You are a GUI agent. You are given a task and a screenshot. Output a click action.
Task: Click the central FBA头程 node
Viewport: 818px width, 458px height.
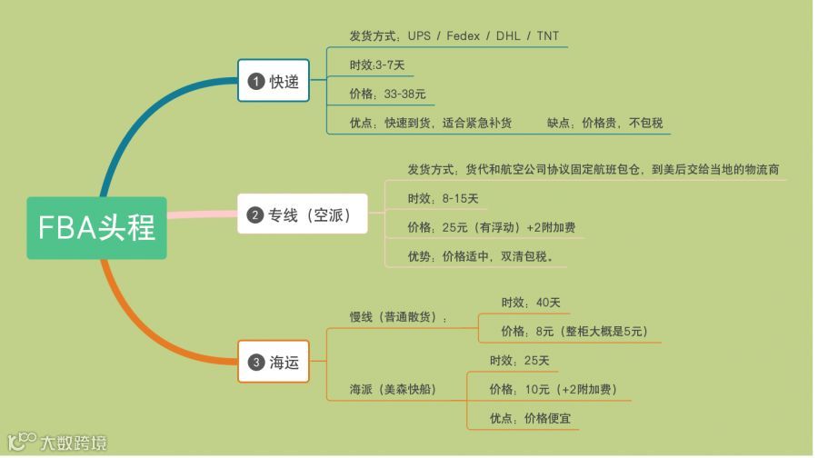click(96, 227)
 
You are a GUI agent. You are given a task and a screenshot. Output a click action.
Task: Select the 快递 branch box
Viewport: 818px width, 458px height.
click(274, 81)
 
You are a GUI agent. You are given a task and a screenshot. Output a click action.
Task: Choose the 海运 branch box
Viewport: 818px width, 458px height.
click(274, 363)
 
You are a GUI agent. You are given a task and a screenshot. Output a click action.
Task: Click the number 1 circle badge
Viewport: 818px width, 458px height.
click(256, 81)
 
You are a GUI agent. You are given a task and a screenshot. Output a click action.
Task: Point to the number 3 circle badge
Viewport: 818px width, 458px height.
click(256, 363)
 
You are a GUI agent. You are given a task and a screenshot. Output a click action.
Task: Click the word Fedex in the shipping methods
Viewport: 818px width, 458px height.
click(463, 36)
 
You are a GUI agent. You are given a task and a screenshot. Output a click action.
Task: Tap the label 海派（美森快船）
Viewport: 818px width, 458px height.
click(393, 389)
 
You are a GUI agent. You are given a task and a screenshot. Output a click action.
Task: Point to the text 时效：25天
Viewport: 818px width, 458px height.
click(519, 360)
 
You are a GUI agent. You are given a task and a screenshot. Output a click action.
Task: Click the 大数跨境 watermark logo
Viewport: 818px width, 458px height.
click(56, 442)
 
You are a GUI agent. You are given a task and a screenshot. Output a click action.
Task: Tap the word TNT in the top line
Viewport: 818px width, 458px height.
click(548, 36)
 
